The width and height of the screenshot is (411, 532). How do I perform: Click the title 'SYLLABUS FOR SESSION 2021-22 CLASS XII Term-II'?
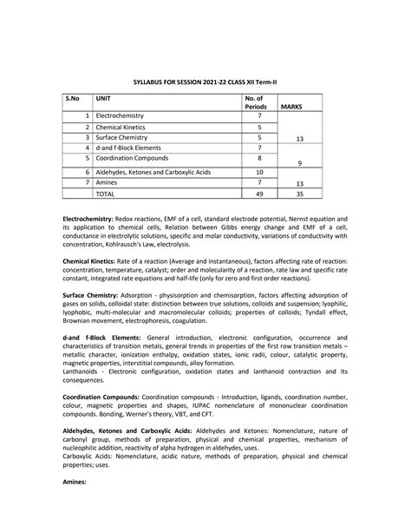pos(205,79)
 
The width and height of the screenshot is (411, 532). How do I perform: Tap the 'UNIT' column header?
pos(104,99)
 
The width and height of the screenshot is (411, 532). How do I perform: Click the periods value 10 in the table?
pos(259,173)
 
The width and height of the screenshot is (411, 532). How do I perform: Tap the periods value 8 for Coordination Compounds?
pos(259,159)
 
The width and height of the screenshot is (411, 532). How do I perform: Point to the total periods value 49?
pos(259,195)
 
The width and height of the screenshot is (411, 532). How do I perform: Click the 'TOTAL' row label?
pos(105,195)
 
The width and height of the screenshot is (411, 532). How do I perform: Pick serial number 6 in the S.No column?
pos(88,173)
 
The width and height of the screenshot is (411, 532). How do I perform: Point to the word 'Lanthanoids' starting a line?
pos(84,371)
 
